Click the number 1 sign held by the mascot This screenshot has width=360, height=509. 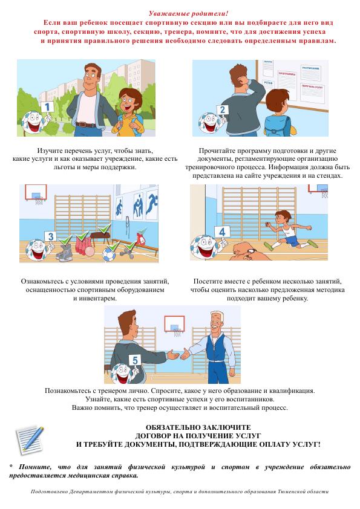coord(47,106)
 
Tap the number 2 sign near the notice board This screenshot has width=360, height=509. coord(223,110)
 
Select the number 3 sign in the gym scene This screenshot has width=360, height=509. coord(50,236)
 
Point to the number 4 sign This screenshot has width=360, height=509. coord(222,232)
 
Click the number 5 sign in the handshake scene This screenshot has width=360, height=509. coord(135,360)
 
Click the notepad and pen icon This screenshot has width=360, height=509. coord(29,439)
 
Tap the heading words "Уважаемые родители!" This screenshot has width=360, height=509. coord(188,14)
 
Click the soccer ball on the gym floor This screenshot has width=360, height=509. coord(109,254)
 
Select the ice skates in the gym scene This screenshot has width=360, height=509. coord(64,252)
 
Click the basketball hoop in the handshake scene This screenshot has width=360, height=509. coord(174,326)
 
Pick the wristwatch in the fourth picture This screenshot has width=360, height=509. coord(250,251)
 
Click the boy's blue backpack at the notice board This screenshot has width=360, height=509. coord(277,126)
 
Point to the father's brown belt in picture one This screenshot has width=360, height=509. coord(85,125)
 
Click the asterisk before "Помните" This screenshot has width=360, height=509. coord(11,466)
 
